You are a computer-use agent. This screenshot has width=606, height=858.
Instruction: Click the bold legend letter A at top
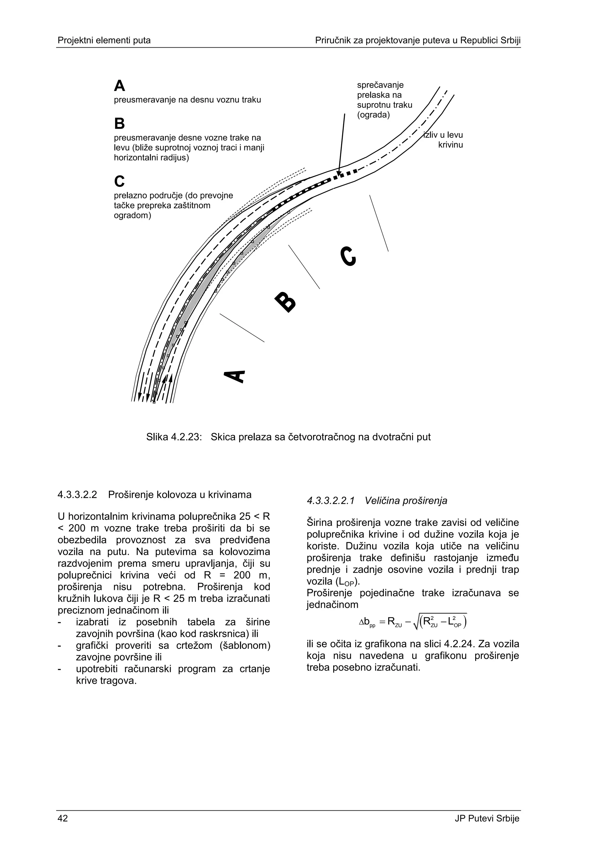point(120,86)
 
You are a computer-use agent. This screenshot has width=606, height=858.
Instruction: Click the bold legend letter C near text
point(120,181)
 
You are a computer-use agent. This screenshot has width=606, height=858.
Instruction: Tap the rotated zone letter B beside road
point(286,301)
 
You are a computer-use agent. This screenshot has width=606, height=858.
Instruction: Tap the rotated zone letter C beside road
point(348,256)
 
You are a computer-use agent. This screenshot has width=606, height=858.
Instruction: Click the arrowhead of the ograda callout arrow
point(339,173)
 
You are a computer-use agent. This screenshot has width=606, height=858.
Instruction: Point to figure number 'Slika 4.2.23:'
point(174,437)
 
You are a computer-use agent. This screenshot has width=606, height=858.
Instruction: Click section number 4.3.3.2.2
point(77,495)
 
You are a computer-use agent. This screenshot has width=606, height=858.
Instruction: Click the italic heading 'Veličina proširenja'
point(406,501)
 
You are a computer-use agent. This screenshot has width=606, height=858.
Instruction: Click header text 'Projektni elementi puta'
point(104,40)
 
